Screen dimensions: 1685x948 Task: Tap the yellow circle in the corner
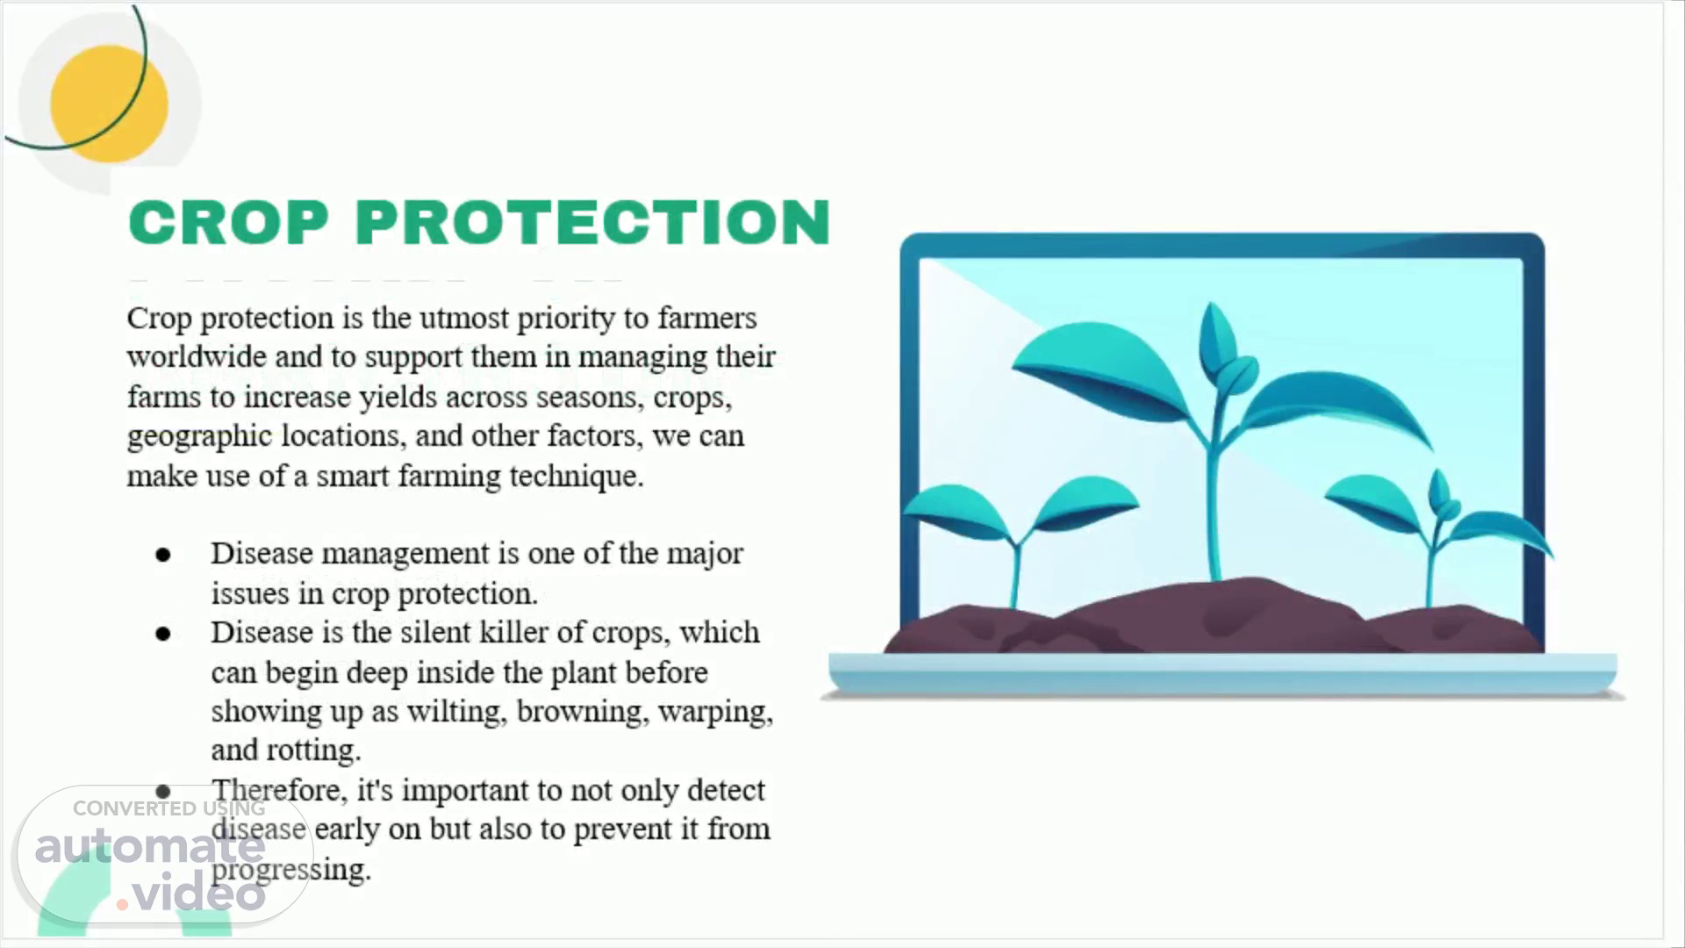click(109, 104)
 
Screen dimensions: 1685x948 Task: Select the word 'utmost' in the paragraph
click(464, 318)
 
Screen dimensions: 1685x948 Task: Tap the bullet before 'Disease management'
click(163, 555)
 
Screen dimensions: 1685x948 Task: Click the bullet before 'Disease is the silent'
click(163, 634)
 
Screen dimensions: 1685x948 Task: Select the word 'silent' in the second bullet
click(433, 632)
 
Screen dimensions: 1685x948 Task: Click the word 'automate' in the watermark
click(150, 846)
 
